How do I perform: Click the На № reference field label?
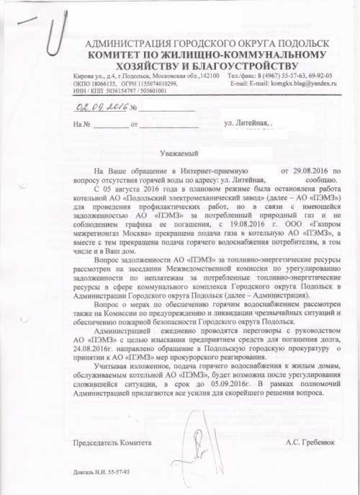(x=80, y=125)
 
